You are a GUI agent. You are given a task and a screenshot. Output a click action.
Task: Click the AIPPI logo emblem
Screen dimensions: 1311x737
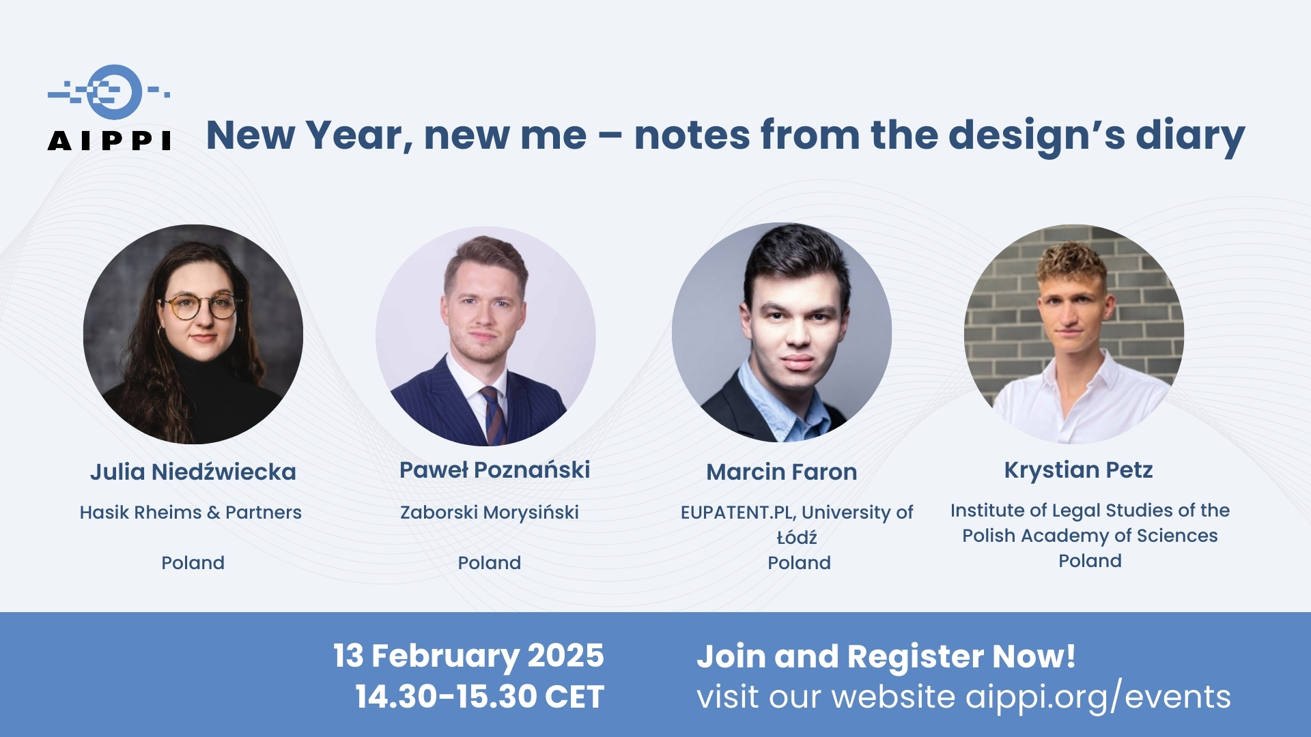pos(109,92)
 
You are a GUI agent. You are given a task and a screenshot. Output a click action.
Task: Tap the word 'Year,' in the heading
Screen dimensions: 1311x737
pos(359,136)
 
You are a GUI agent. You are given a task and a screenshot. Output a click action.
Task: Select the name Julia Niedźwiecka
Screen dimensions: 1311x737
pos(193,472)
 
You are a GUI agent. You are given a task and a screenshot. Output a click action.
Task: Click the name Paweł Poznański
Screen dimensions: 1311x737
pos(494,469)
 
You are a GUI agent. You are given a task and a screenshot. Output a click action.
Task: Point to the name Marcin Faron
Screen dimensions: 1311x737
pos(782,472)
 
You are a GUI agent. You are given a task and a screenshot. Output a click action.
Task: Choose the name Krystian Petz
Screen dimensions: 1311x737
pos(1079,469)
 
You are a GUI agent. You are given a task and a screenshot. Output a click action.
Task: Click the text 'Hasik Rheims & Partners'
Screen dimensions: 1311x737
pos(191,512)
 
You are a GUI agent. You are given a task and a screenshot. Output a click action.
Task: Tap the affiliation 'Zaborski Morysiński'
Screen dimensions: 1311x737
pos(490,512)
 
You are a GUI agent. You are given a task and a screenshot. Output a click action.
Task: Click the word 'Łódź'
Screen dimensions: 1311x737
pos(797,537)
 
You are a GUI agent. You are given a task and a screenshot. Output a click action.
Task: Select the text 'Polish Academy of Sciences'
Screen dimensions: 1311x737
pos(1090,536)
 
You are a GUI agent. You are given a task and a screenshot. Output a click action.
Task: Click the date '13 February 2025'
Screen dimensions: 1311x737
pos(468,656)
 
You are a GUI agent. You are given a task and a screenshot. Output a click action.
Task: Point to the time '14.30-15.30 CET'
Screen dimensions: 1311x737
pos(480,697)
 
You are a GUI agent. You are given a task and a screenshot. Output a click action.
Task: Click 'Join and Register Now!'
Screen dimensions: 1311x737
pos(886,656)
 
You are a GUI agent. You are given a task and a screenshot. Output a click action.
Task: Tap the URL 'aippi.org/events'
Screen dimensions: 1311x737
pos(1098,697)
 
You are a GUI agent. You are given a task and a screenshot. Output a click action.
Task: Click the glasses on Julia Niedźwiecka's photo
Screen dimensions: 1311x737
pos(203,306)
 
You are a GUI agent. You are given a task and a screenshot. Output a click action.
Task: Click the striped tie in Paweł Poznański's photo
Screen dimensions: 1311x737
pos(493,415)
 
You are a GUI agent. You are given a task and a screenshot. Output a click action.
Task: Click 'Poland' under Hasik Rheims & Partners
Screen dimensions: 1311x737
pos(193,563)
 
